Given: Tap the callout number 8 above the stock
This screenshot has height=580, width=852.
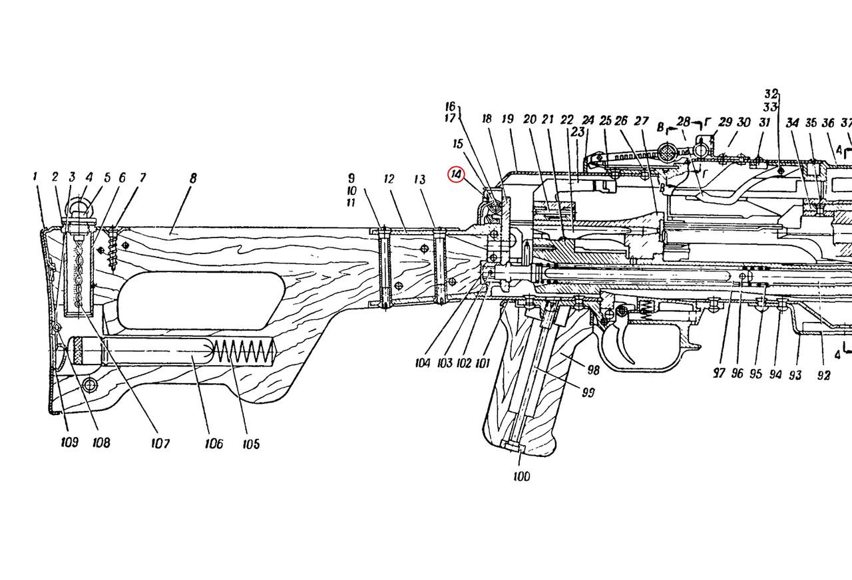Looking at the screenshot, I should [193, 178].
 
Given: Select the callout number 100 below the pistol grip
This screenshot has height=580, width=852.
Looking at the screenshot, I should [522, 476].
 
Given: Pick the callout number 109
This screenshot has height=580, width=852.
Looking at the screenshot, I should [69, 442].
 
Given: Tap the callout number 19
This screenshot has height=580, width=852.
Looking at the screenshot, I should [508, 120].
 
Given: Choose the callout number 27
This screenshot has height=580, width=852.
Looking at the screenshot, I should [641, 121].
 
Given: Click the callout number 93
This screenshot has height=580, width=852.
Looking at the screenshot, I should [795, 375].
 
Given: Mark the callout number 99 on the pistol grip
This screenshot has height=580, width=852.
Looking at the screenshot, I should [588, 392].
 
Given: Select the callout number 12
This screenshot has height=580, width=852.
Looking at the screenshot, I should [389, 179].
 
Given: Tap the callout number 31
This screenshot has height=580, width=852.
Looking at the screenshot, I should [765, 122].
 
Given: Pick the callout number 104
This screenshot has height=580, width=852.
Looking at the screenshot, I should [424, 364].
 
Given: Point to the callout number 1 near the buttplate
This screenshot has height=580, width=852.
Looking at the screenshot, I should [34, 177].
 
